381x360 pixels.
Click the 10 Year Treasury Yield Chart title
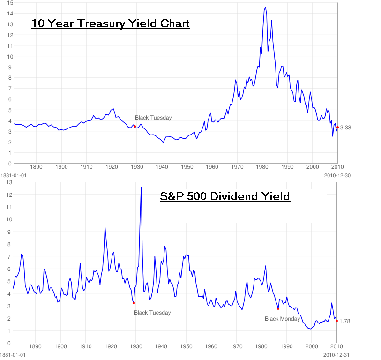[111, 23]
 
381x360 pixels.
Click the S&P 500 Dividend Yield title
[225, 196]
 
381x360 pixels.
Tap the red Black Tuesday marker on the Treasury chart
[134, 126]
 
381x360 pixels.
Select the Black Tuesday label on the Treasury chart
[153, 118]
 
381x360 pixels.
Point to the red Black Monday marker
[278, 308]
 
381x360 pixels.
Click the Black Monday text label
[282, 319]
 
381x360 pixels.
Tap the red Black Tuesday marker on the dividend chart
[134, 303]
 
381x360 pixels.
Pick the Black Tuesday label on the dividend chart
[152, 313]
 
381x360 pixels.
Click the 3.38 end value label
[346, 127]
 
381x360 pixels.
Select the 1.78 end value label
[345, 321]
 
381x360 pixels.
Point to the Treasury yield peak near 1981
[265, 7]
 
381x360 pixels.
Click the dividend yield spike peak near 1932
[141, 187]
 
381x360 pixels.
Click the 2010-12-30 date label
[337, 175]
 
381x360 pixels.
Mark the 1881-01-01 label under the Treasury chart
[13, 175]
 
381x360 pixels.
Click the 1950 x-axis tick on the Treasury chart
[187, 166]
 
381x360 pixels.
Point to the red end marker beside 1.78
[336, 321]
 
